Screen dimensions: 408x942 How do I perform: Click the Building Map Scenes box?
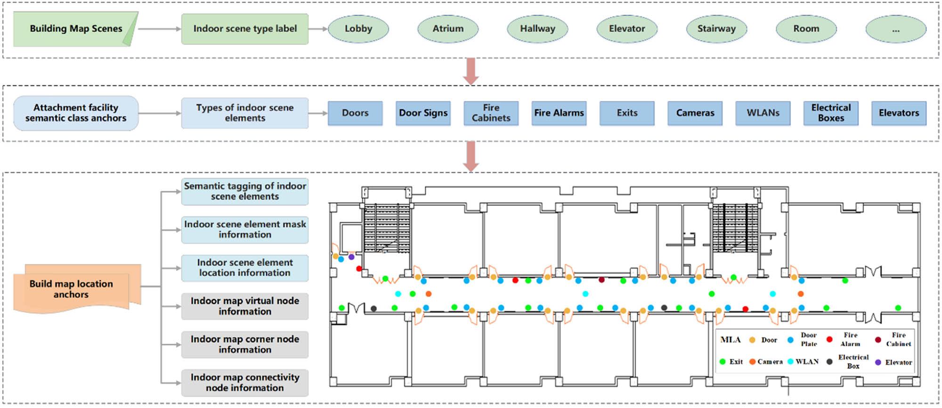75,29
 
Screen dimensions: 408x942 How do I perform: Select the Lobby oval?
358,29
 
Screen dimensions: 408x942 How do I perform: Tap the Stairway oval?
716,29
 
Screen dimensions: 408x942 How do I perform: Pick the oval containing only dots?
895,29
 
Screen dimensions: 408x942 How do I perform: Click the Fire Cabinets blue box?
491,113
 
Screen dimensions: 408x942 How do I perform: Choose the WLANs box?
763,113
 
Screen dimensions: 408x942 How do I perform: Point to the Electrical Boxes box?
830,113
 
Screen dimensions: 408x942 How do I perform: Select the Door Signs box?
423,113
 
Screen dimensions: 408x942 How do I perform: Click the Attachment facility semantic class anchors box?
76,113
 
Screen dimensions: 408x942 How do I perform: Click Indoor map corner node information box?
244,344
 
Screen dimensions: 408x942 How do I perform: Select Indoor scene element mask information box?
244,229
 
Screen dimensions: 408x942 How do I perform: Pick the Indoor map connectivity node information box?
244,383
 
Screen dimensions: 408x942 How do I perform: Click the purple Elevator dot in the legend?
878,362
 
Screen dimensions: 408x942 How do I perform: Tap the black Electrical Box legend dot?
829,362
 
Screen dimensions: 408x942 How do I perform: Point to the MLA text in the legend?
730,340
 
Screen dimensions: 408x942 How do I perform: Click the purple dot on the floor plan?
351,257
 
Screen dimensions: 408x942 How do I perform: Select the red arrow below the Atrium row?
471,71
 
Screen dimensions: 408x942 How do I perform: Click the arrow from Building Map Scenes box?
159,29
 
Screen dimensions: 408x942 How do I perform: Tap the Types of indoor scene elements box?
244,113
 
